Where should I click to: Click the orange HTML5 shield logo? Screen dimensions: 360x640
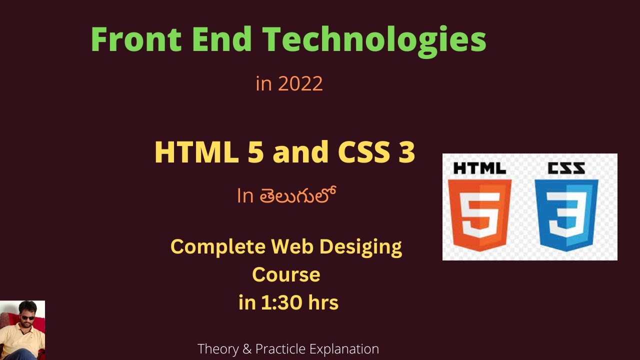click(479, 214)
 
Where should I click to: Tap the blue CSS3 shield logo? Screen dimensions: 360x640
click(566, 214)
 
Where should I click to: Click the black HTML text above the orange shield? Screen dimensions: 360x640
click(479, 168)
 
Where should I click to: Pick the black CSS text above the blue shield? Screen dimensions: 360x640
click(566, 168)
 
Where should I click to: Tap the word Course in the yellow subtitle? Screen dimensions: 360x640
click(286, 274)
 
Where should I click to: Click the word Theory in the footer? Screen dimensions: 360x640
click(216, 348)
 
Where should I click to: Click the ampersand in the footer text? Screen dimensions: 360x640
click(246, 348)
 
